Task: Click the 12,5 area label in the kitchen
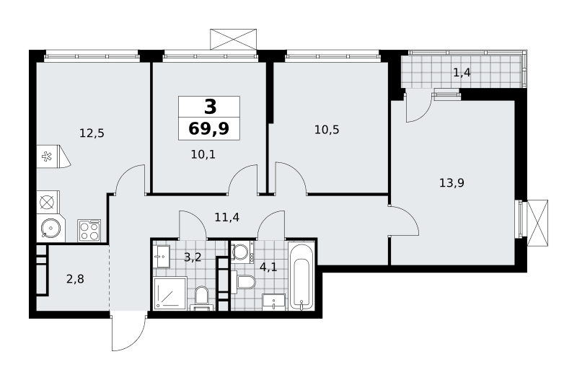[x=92, y=133]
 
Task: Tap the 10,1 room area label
[x=203, y=154]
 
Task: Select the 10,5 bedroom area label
[x=327, y=130]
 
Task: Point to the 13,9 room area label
[x=452, y=182]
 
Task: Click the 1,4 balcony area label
[x=462, y=73]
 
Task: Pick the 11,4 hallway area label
[x=227, y=217]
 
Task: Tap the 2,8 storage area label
[x=75, y=279]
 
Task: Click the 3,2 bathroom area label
[x=193, y=257]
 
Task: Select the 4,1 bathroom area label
[x=268, y=267]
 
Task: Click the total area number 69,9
[x=209, y=129]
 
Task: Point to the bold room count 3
[x=210, y=107]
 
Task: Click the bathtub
[x=301, y=275]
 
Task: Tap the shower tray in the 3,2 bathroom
[x=170, y=293]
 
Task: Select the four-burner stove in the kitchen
[x=89, y=231]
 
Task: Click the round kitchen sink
[x=50, y=228]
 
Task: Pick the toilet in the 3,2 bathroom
[x=201, y=298]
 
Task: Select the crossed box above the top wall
[x=233, y=39]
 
